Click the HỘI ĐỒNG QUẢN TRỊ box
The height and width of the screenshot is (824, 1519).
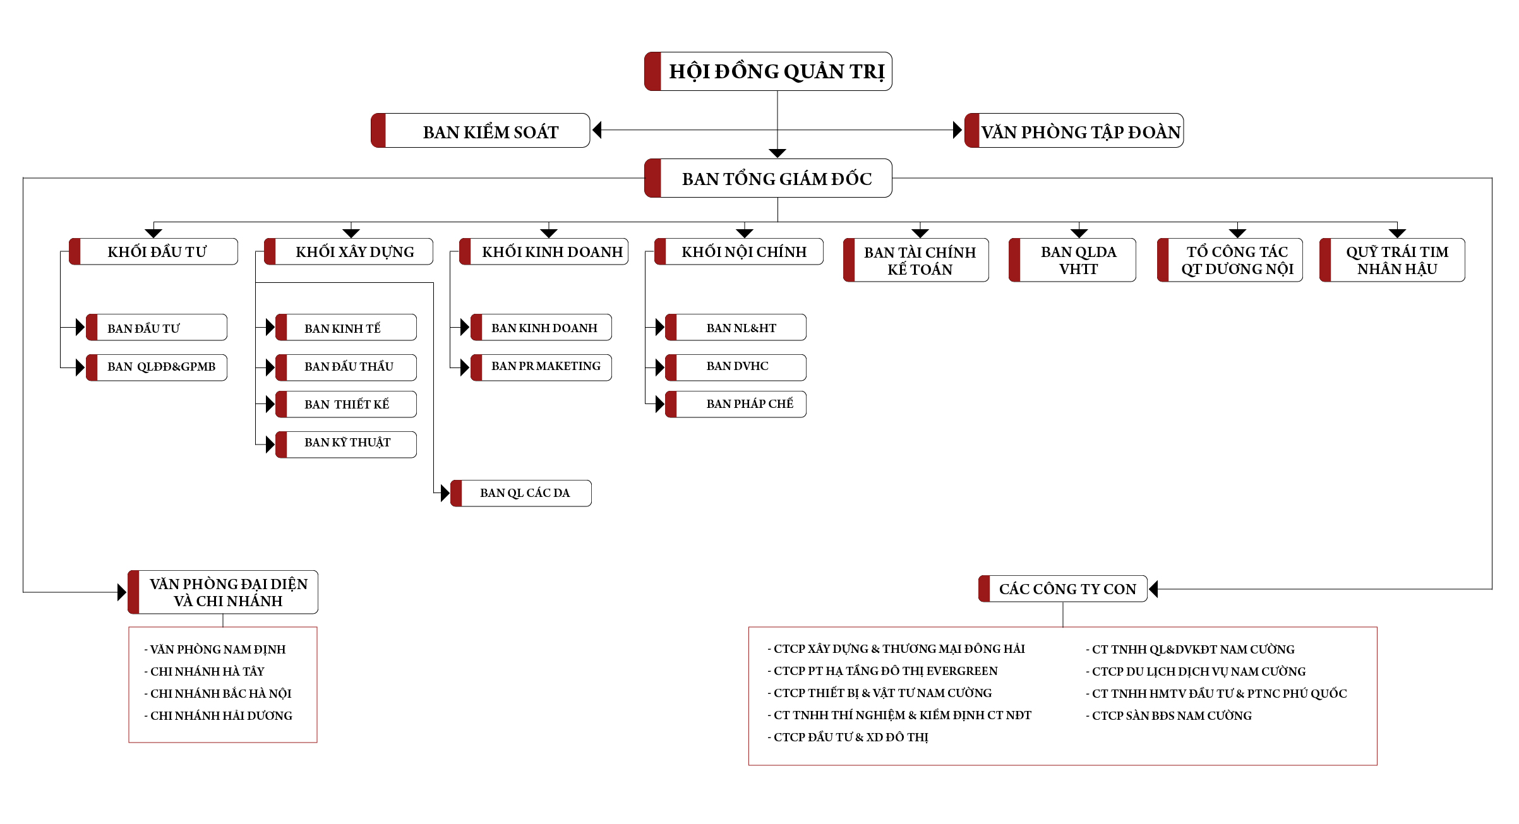click(x=768, y=71)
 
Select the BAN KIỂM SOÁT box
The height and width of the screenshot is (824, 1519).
click(x=481, y=131)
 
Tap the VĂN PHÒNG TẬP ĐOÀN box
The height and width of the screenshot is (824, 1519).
click(x=1074, y=131)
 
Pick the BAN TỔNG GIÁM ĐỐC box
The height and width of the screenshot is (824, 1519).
click(x=768, y=178)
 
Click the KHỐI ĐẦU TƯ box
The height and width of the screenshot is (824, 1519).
click(x=153, y=251)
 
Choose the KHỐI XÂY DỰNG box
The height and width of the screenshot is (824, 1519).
click(x=349, y=251)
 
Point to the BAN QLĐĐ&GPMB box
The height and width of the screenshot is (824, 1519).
click(x=157, y=367)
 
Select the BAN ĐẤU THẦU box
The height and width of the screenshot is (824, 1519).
click(x=346, y=367)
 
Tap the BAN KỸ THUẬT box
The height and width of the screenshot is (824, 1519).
click(x=346, y=445)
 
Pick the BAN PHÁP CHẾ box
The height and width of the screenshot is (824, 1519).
click(x=736, y=404)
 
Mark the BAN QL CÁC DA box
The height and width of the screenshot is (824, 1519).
click(x=521, y=493)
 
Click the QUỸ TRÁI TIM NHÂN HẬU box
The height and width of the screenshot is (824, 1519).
click(x=1392, y=260)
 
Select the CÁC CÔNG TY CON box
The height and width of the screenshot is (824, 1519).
click(x=1063, y=589)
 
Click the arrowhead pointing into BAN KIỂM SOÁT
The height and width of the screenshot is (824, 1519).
click(x=597, y=130)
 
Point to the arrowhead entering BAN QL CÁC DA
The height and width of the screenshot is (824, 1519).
click(x=445, y=493)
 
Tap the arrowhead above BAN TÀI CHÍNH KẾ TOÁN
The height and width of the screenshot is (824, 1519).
click(x=920, y=234)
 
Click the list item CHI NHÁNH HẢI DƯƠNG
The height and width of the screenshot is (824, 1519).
click(x=219, y=715)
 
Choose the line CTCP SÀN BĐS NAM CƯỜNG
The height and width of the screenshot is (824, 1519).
click(x=1168, y=715)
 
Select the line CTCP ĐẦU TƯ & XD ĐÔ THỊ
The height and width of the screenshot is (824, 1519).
click(x=848, y=737)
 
